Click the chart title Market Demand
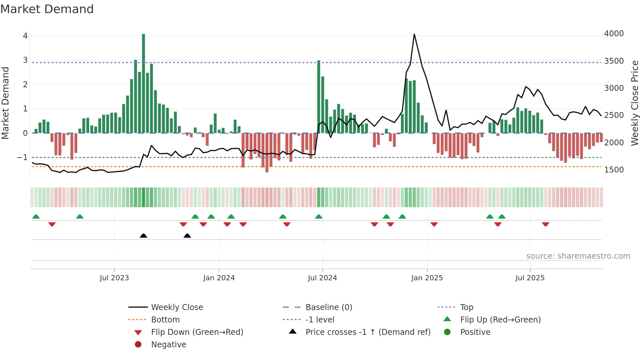tap(47, 9)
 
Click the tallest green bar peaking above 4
tap(143, 83)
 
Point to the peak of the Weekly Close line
tap(414, 34)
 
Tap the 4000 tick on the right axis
tap(614, 34)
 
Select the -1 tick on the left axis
tap(22, 157)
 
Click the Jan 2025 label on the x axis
tap(427, 278)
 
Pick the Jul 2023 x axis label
tap(114, 278)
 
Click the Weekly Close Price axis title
tap(634, 103)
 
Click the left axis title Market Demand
tap(5, 103)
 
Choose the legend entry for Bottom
tap(165, 319)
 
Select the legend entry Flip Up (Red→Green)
tap(500, 319)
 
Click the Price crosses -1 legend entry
tap(368, 332)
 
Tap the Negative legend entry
tap(168, 344)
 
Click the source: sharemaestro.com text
tap(578, 256)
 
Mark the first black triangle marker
tap(143, 236)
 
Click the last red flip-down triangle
tap(545, 224)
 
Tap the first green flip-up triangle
tap(36, 217)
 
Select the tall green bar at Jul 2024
tap(319, 97)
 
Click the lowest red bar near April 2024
tap(267, 153)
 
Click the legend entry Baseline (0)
tap(328, 307)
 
